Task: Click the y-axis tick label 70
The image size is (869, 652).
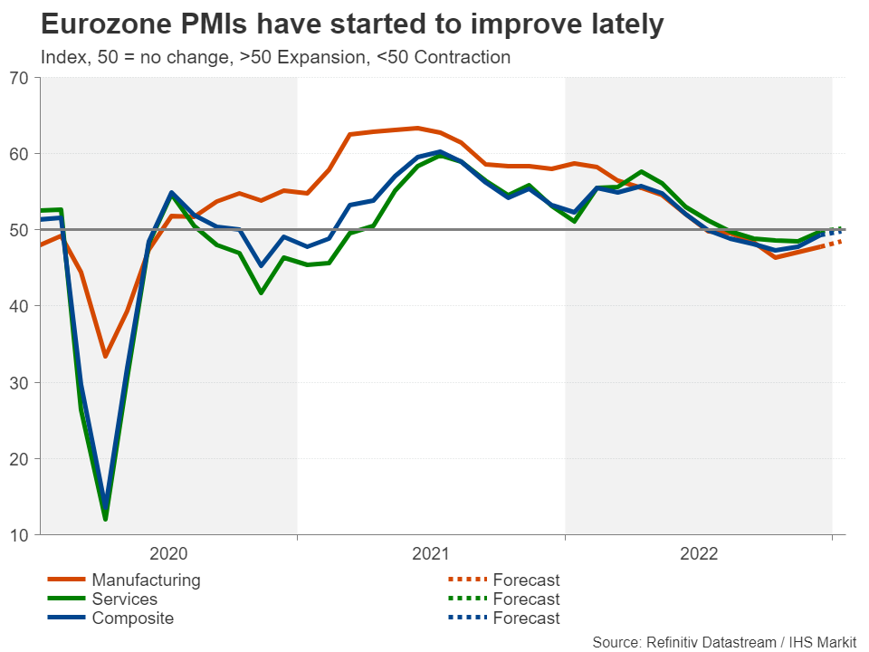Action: click(x=19, y=78)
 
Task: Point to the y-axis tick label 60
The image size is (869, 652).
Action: click(x=19, y=154)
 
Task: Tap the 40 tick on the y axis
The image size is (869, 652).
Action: click(x=19, y=306)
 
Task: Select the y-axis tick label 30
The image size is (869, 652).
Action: click(x=19, y=383)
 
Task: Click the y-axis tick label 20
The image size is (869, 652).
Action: click(x=19, y=459)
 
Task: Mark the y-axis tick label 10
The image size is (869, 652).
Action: click(x=19, y=535)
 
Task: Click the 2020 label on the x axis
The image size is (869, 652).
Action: click(x=168, y=554)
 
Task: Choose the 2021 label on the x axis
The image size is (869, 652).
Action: click(x=432, y=554)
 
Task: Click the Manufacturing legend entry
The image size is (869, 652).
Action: click(x=146, y=580)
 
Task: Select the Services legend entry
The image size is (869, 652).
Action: click(x=124, y=599)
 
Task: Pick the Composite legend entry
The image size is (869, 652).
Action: click(x=132, y=618)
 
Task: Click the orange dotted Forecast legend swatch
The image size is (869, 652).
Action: click(x=467, y=580)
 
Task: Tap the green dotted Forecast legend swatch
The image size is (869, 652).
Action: click(x=467, y=599)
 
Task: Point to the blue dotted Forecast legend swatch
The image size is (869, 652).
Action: click(x=467, y=618)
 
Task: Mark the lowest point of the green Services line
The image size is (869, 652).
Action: click(x=105, y=519)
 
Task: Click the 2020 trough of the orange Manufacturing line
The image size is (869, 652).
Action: click(x=105, y=356)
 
